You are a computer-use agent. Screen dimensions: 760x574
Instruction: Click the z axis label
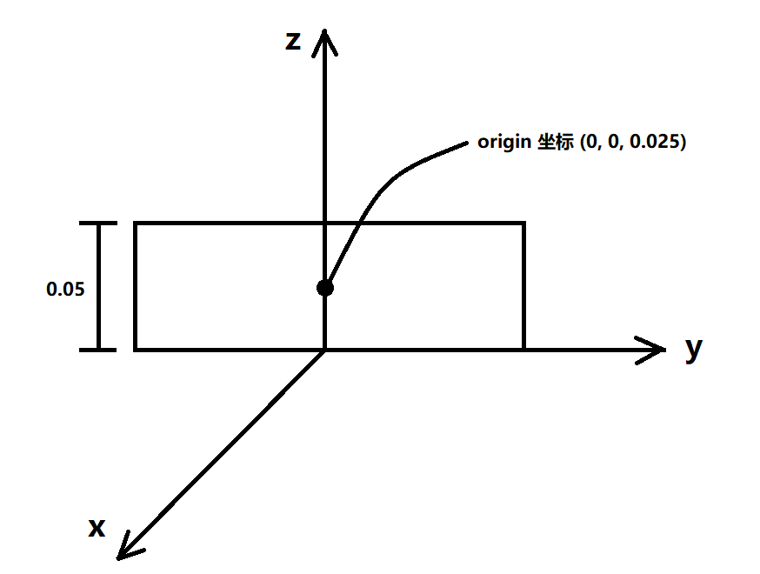click(x=293, y=40)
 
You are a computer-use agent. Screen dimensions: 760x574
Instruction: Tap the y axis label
click(x=693, y=348)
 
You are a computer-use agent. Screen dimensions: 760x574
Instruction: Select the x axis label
click(x=97, y=527)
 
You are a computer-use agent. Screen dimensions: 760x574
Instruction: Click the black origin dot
click(x=324, y=287)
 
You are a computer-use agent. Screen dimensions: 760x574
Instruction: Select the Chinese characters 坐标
click(x=553, y=143)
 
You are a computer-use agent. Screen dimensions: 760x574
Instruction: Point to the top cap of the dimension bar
click(x=98, y=224)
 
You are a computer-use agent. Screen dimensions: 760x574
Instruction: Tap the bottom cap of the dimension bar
click(x=98, y=350)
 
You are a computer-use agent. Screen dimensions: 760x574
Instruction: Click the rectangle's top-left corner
click(x=136, y=224)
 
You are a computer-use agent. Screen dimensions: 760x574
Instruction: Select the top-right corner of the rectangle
click(x=523, y=224)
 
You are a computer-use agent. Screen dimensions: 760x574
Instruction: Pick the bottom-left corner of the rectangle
click(x=136, y=350)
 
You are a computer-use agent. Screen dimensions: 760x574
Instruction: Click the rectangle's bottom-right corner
click(x=523, y=350)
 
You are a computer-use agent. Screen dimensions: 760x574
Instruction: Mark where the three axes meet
click(x=324, y=350)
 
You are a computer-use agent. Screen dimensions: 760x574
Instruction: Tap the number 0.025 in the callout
click(x=653, y=143)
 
